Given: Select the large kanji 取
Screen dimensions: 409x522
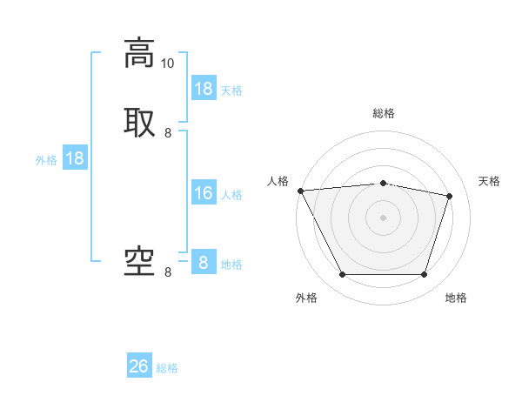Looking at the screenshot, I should pos(139,121).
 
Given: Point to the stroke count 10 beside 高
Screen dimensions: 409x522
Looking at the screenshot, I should pos(167,64).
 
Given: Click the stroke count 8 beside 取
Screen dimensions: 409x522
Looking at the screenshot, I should pos(168,133).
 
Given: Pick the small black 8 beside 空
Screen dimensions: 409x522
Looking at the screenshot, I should pos(168,272).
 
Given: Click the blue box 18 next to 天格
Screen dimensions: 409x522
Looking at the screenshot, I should pos(204,89).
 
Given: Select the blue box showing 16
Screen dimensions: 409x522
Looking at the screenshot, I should pos(204,193).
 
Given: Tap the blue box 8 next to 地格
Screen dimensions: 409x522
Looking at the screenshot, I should pos(204,263).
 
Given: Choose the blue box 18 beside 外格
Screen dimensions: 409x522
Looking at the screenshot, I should pos(75,158).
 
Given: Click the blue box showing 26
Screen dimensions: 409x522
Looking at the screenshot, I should pos(139,366).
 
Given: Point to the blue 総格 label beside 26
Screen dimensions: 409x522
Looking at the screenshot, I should pos(167,368).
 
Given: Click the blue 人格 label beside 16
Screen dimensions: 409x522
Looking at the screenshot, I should pos(231,195).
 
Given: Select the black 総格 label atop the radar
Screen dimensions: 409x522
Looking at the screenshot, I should pos(383,113).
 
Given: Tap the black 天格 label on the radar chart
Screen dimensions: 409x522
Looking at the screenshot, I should pos(489,181).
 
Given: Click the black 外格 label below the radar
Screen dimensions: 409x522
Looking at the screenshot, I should pos(306,298).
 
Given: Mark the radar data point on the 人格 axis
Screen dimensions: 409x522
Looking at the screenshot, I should pos(300,191).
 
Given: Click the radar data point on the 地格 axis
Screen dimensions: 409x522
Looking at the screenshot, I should pos(424,275).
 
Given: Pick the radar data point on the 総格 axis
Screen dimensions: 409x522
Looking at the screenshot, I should pos(383,183).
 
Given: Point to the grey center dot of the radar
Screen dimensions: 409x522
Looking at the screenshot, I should pos(383,218).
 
